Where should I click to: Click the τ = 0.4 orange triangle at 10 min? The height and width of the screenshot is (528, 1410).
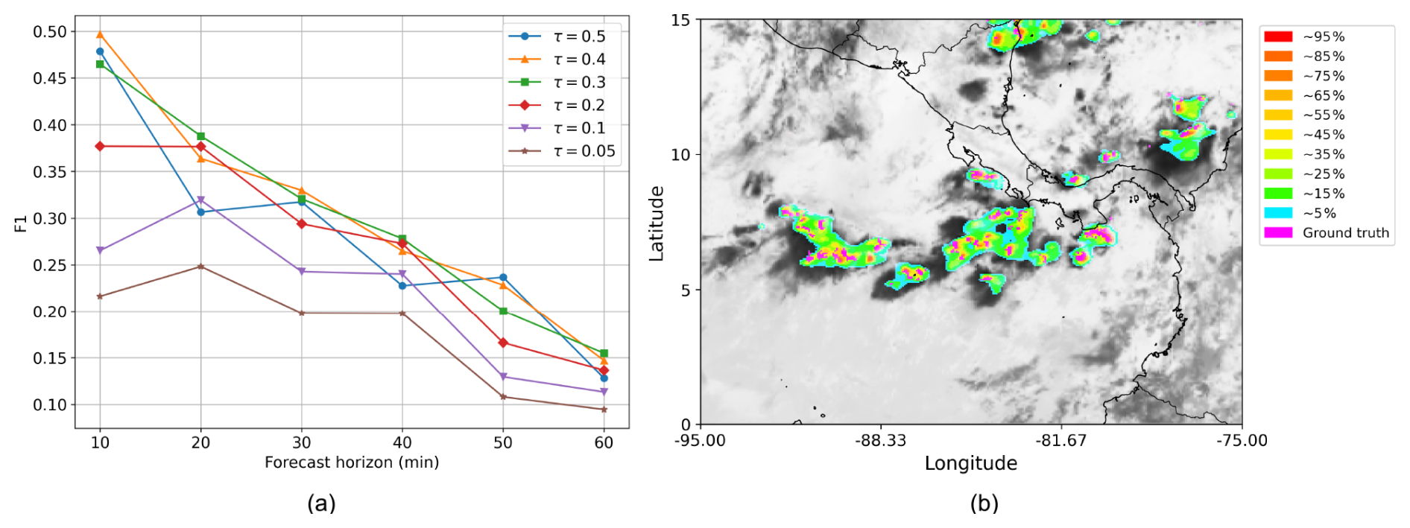[x=100, y=35]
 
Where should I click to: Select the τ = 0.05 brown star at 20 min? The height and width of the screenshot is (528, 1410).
[x=200, y=267]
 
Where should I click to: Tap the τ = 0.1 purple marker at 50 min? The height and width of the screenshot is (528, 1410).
[x=503, y=377]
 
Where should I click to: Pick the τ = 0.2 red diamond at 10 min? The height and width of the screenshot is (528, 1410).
[x=100, y=146]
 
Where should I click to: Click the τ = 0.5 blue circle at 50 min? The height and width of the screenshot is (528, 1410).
[x=503, y=278]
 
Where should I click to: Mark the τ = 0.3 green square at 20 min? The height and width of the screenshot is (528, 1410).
[x=200, y=136]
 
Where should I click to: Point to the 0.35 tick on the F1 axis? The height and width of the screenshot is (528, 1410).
[x=50, y=172]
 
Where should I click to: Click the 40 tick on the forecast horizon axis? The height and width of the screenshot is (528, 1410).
[x=402, y=442]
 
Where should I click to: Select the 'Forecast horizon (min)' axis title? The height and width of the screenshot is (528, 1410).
[x=352, y=462]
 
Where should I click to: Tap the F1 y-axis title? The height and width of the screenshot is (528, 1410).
[x=21, y=223]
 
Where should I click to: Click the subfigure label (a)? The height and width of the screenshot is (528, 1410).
[x=321, y=503]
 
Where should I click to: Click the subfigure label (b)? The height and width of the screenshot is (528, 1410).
[x=984, y=503]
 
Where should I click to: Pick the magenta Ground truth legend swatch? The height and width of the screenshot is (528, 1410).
[x=1278, y=232]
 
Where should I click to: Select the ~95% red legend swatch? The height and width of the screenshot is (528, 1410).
[x=1278, y=36]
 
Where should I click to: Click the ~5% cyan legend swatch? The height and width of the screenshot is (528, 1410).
[x=1278, y=213]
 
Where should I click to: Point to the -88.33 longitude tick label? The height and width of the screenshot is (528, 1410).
[x=880, y=440]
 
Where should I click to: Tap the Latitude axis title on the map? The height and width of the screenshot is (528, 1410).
[x=656, y=223]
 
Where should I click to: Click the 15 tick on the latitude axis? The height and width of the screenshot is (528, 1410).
[x=680, y=20]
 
